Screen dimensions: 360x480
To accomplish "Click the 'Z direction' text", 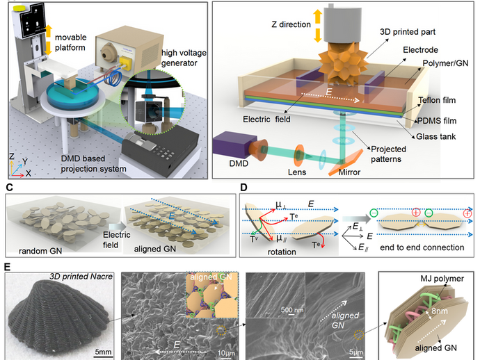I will coord(292,25).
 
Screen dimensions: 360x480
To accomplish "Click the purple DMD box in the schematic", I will coord(237,146).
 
